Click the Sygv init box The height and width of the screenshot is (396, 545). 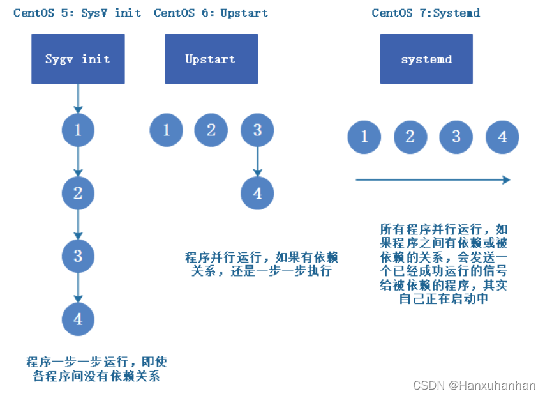tap(78, 59)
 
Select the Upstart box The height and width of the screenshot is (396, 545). tap(211, 59)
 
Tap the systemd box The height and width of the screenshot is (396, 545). tap(426, 59)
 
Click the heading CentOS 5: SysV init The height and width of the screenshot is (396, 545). tap(77, 13)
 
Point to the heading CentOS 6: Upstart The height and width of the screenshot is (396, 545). tap(211, 13)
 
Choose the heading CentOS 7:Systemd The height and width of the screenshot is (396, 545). tap(426, 13)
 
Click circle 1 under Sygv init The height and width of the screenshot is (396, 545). tap(78, 131)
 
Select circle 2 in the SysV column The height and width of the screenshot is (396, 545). tap(78, 194)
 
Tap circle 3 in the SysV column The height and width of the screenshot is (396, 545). tap(78, 256)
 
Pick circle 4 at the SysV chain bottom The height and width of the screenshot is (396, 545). tap(78, 319)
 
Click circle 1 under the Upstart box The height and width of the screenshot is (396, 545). tap(167, 131)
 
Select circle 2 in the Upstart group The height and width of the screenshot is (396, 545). tap(211, 131)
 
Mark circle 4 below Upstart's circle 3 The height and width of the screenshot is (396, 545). tap(257, 194)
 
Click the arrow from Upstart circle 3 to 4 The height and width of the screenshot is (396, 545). tap(257, 162)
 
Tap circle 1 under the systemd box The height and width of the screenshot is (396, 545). tap(364, 137)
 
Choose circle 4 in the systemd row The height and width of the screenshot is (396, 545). tap(502, 137)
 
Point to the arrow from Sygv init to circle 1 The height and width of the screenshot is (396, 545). tap(78, 98)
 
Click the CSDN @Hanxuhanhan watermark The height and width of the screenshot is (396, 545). tap(474, 385)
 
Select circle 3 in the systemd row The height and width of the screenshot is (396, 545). tap(456, 137)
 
